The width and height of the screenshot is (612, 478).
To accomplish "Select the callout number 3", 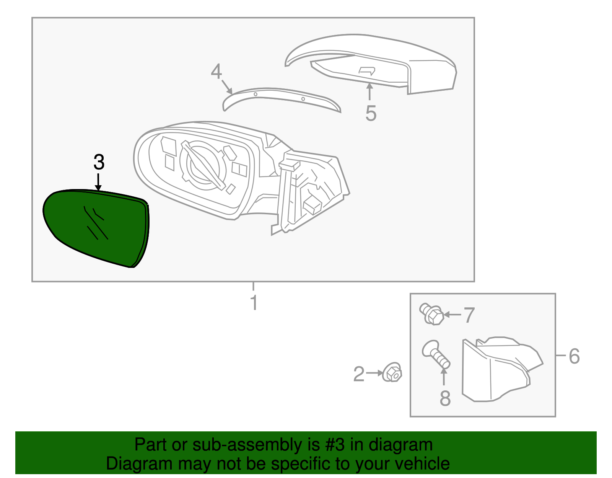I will click(99, 162).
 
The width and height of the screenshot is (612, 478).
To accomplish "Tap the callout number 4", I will click(216, 72).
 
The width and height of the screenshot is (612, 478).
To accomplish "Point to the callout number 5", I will click(371, 113).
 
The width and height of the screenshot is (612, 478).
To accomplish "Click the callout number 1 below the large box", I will click(254, 303).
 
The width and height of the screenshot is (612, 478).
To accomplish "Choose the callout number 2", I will click(359, 374).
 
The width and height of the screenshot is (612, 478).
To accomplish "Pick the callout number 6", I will click(574, 356).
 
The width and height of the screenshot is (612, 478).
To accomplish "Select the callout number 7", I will click(469, 315).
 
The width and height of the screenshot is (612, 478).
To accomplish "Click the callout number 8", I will click(445, 398).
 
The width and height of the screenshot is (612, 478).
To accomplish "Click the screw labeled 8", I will click(436, 354).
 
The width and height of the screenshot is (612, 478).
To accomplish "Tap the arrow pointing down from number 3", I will click(99, 181).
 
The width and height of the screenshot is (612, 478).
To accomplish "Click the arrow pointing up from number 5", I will click(369, 91).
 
